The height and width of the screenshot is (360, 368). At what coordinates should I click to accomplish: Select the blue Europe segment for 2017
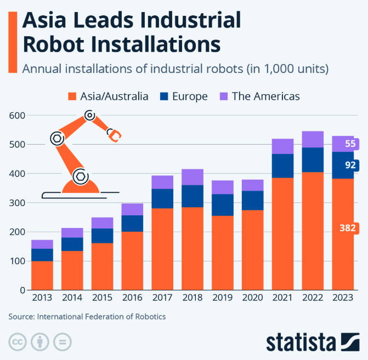(x=162, y=198)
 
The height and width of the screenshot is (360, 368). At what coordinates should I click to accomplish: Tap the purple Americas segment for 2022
(x=313, y=139)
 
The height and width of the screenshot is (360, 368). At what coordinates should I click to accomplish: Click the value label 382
(x=348, y=228)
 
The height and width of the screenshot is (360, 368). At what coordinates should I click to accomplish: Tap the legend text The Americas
(x=265, y=96)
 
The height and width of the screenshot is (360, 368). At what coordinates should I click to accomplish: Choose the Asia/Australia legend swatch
(x=71, y=96)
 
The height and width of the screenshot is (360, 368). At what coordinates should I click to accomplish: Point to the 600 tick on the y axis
(x=17, y=116)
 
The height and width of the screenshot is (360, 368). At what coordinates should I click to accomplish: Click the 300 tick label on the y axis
(x=17, y=203)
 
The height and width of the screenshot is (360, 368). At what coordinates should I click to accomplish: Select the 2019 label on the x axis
(x=222, y=299)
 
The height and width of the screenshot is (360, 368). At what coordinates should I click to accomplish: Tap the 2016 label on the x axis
(x=132, y=299)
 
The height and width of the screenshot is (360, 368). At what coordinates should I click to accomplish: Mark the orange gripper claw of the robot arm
(x=115, y=136)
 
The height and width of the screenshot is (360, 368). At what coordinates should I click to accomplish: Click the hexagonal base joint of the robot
(x=80, y=176)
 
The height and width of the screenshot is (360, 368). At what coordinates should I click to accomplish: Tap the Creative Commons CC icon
(x=17, y=342)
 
